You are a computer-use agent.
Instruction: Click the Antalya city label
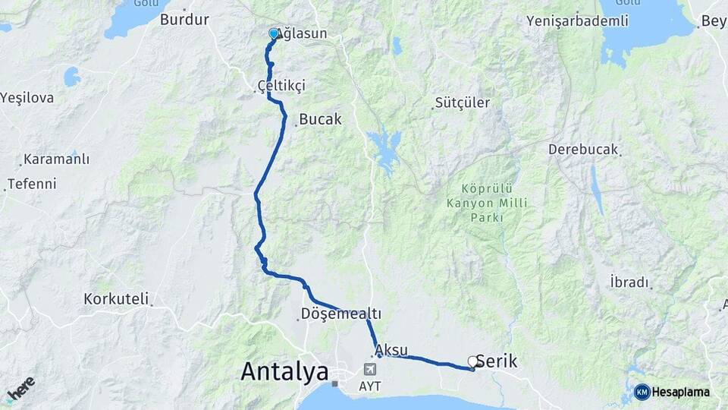[x=284, y=371]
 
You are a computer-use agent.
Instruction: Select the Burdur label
[x=184, y=20]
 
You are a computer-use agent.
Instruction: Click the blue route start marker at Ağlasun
[x=274, y=33]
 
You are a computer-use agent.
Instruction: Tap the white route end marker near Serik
[x=473, y=361]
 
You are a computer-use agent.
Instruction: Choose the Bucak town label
[x=320, y=119]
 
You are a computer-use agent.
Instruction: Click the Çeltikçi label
[x=281, y=86]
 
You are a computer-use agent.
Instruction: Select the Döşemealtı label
[x=340, y=314]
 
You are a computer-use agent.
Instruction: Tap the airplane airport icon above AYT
[x=371, y=370]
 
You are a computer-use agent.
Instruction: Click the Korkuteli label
[x=116, y=298]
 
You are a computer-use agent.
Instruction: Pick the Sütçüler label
[x=463, y=102]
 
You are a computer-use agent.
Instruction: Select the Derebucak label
[x=583, y=150]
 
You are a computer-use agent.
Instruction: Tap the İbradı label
[x=629, y=282]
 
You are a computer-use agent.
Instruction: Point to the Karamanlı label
[x=56, y=159]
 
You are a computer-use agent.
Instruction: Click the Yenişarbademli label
[x=578, y=20]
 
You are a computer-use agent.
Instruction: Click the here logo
[x=21, y=389]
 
